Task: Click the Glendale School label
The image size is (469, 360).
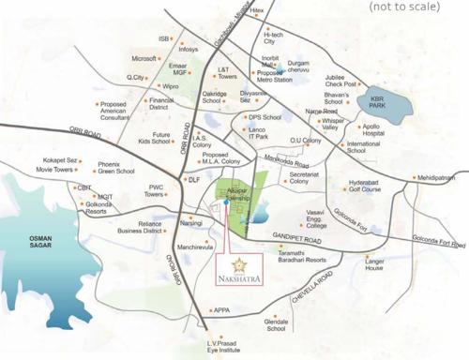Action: (276, 324)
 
